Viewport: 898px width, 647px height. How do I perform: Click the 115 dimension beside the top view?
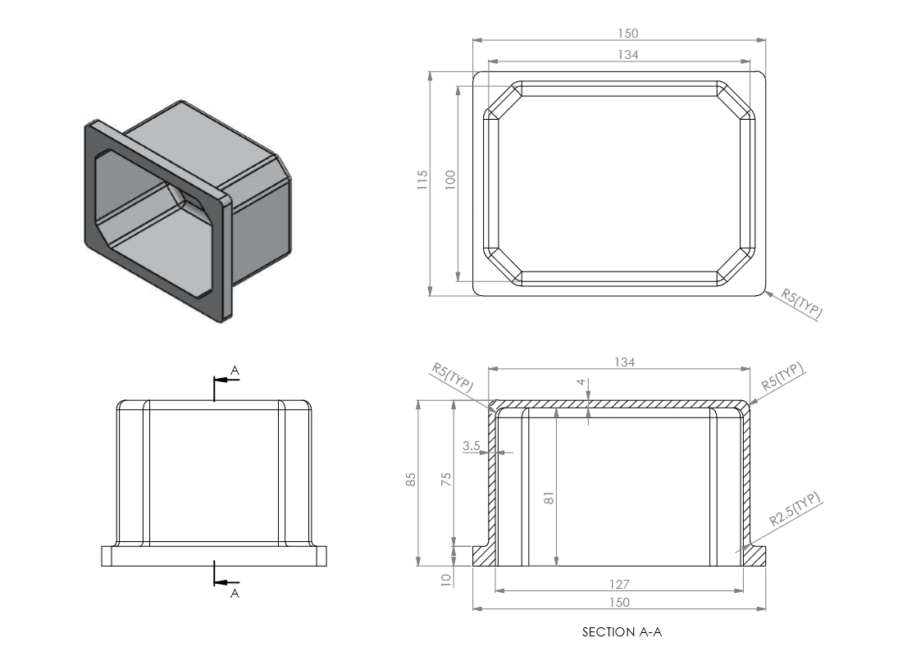422,180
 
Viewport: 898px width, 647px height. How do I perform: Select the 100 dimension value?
450,180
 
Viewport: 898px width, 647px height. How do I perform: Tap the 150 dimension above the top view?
627,33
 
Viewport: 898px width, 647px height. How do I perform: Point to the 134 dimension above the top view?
627,54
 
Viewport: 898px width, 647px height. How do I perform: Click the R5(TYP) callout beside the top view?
802,303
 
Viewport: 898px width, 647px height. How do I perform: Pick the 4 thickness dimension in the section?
582,382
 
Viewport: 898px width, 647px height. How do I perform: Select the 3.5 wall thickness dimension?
471,445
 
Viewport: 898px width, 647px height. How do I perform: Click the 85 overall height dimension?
411,479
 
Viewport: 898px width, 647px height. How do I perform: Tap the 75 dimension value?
446,479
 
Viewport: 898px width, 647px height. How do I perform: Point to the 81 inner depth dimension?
549,498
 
